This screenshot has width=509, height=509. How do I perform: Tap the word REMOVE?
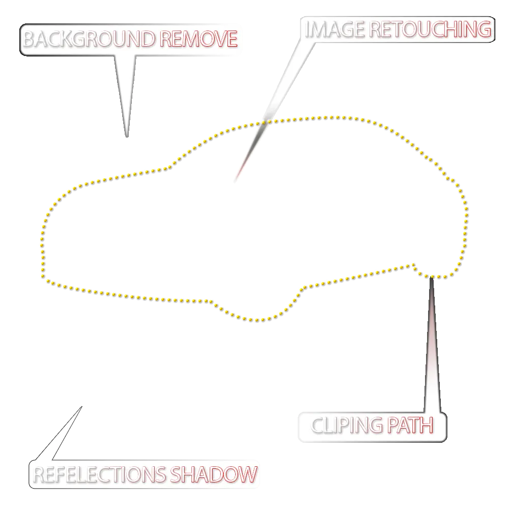point(199,39)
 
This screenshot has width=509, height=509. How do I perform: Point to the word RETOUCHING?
point(431,30)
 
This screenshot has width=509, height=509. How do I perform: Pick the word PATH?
point(410,425)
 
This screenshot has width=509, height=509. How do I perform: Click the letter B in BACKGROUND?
point(29,39)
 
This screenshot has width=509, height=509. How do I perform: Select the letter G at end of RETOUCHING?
point(485,30)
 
